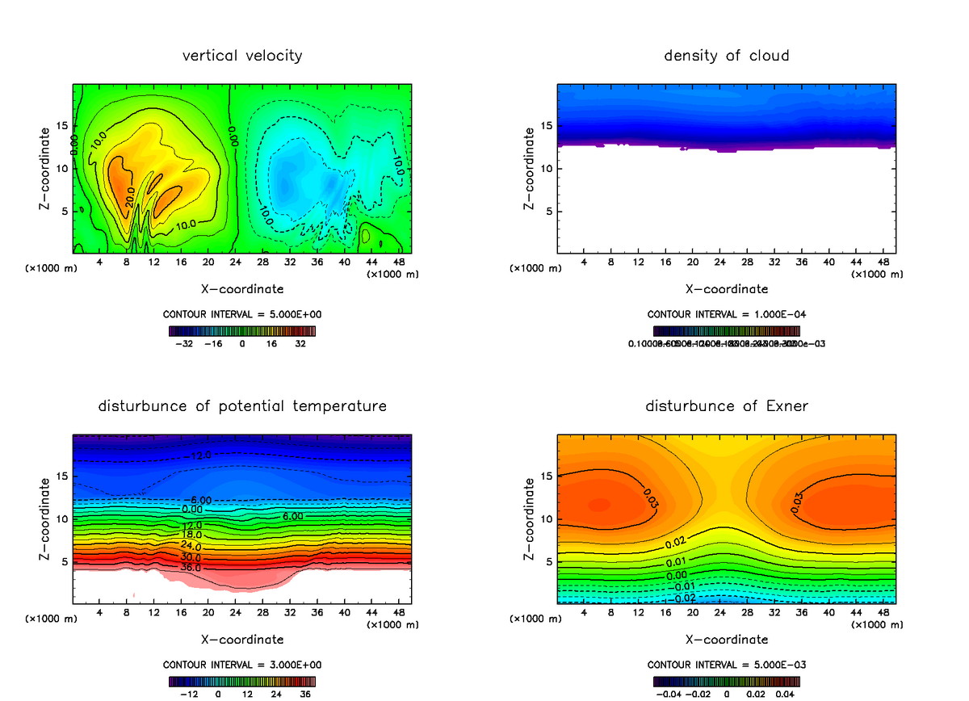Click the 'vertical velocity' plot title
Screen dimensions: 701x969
pyautogui.click(x=242, y=56)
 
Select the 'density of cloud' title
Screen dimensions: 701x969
pyautogui.click(x=726, y=56)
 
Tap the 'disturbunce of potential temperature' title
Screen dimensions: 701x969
pyautogui.click(x=242, y=405)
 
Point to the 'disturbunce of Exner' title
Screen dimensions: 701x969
pyautogui.click(x=726, y=405)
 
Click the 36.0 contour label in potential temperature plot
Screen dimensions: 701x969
pyautogui.click(x=191, y=568)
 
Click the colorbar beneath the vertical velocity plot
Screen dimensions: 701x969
pyautogui.click(x=242, y=330)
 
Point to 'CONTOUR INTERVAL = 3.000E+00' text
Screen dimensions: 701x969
pyautogui.click(x=242, y=665)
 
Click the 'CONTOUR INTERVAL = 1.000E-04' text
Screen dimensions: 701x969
pyautogui.click(x=726, y=315)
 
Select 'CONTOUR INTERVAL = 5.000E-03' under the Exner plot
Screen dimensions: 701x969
pyautogui.click(x=726, y=665)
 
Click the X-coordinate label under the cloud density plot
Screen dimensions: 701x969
pyautogui.click(x=726, y=288)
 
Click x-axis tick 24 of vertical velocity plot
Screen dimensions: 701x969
pyautogui.click(x=235, y=262)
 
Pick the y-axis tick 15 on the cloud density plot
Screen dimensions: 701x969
pyautogui.click(x=547, y=126)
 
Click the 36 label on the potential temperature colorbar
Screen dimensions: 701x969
pyautogui.click(x=306, y=693)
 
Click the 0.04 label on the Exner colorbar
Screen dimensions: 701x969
pyautogui.click(x=786, y=693)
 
